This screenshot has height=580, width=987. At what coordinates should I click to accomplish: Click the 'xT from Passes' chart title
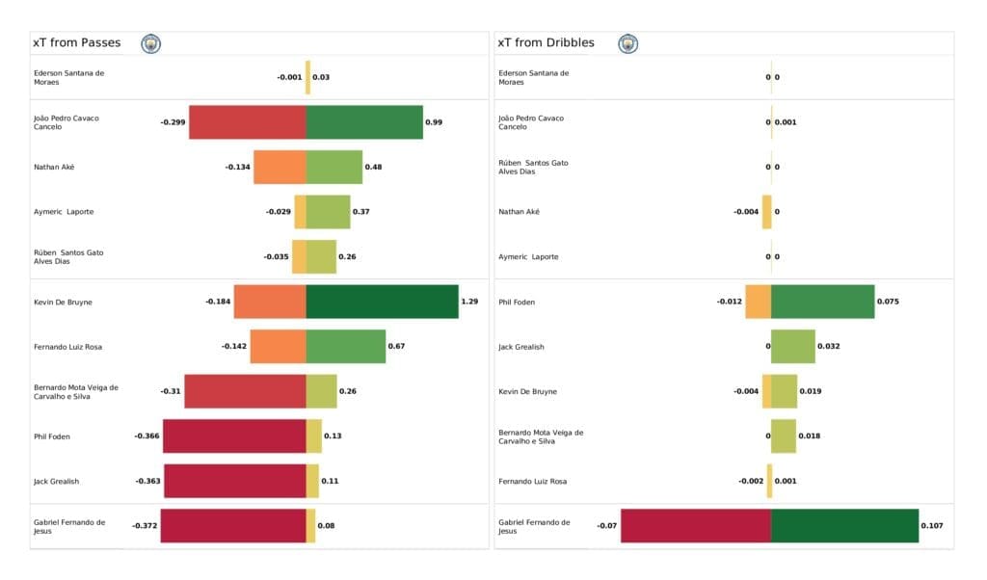coord(76,43)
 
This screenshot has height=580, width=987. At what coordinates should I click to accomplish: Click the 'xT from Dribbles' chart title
coord(545,43)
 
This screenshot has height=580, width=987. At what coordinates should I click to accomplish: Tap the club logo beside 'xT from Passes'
coord(151,43)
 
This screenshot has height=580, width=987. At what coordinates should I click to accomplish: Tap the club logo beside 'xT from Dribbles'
coord(628,43)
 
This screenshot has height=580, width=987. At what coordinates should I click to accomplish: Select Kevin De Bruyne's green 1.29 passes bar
coord(383,302)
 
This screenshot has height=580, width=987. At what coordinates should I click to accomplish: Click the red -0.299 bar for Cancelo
coord(248,122)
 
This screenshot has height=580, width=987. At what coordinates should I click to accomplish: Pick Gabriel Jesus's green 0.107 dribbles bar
coord(844,526)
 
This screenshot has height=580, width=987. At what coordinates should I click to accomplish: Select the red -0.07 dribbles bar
coord(696,526)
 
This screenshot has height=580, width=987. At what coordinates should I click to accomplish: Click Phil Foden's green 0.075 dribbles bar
coord(822,302)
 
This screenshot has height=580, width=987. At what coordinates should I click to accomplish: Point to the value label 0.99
coord(434,122)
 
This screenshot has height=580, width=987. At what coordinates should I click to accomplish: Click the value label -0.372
coord(146,526)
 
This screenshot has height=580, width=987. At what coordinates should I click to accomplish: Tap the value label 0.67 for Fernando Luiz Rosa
coord(396,347)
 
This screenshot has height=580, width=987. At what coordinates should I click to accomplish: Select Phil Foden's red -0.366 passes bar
coord(234,436)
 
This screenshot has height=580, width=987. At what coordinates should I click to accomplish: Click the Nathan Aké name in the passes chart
coord(54,168)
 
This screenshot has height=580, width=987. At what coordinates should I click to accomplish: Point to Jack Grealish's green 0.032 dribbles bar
coord(792,347)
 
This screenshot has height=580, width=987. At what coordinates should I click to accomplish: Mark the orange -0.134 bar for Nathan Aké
coord(280,168)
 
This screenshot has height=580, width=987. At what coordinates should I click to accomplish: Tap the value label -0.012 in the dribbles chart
coord(729,302)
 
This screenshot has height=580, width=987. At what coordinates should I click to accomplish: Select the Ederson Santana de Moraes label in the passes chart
coord(68,77)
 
